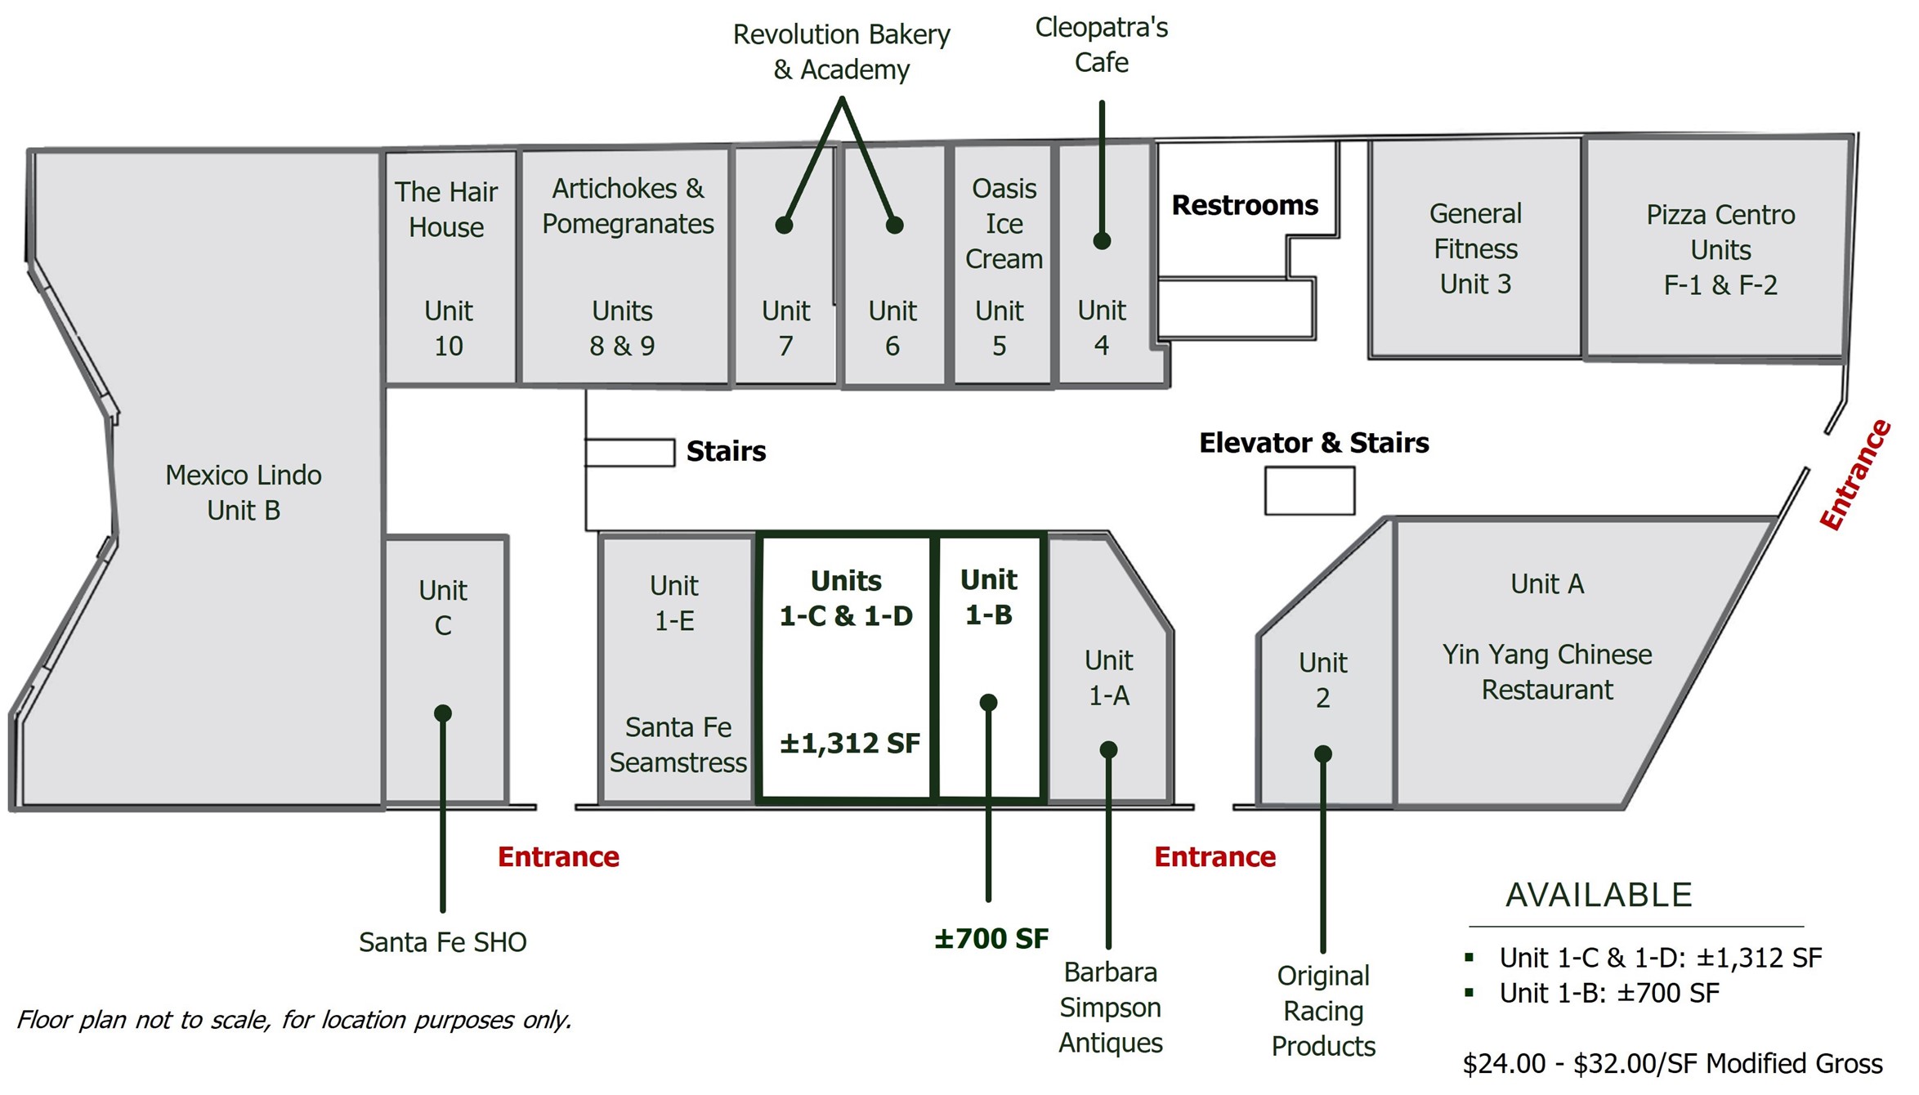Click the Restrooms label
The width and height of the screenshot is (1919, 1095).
(x=1245, y=205)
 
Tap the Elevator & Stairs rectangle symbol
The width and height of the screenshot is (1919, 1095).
(x=1309, y=490)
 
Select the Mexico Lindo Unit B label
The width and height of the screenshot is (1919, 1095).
(x=244, y=493)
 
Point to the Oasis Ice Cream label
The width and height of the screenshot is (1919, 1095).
(x=1004, y=224)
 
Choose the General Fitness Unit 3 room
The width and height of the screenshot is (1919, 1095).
(x=1475, y=249)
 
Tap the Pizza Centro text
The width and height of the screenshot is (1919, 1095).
(x=1720, y=215)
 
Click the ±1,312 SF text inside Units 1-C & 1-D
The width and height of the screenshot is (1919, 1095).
(x=850, y=744)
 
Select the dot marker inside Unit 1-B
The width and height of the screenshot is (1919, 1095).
(x=988, y=702)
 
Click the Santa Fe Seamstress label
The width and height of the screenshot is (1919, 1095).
(x=678, y=745)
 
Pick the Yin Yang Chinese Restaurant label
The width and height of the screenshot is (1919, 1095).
(x=1547, y=672)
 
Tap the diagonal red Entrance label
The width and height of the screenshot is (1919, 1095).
(x=1855, y=475)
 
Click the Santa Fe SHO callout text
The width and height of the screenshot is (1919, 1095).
(x=443, y=942)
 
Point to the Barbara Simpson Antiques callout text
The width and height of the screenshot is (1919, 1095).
(x=1110, y=1008)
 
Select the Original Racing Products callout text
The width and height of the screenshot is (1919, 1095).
(x=1323, y=1011)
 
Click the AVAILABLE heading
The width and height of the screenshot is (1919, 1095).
(x=1599, y=896)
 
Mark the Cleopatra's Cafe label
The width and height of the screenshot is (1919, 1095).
(x=1102, y=45)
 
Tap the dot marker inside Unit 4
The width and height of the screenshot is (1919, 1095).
(x=1102, y=241)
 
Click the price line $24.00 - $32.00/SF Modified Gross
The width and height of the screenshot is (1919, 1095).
(x=1672, y=1064)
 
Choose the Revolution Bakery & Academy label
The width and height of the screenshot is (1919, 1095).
(x=842, y=52)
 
